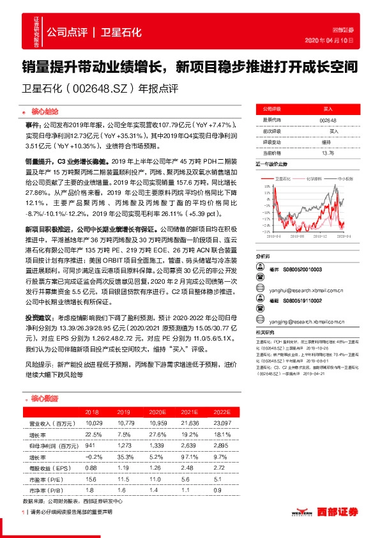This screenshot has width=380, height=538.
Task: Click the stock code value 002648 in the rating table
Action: (328, 120)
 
